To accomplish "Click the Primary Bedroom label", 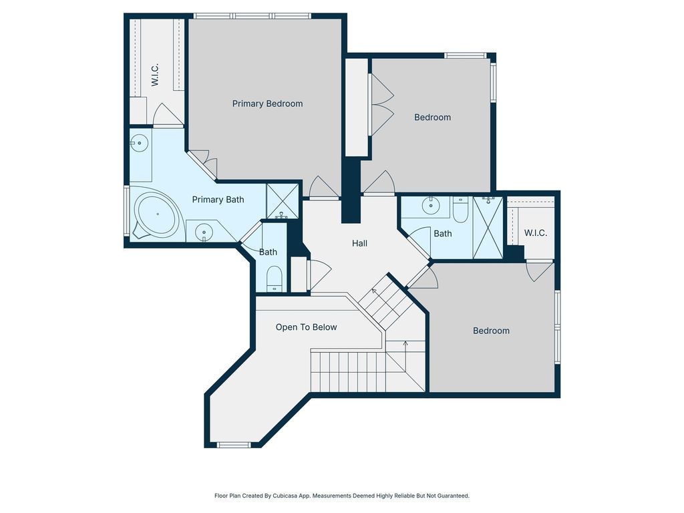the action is pos(267,104).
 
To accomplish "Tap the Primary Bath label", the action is pos(218,200).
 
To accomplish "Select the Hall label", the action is pos(359,243).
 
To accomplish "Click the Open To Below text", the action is pos(306,327).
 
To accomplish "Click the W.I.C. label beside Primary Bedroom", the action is pos(155,75).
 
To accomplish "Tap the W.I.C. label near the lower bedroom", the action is pos(536,233).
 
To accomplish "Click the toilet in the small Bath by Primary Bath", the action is pos(275,279).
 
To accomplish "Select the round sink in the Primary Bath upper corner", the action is pos(140,143).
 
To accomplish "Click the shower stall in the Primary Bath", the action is pos(283,201).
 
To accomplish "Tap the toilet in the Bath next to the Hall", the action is pos(460,209).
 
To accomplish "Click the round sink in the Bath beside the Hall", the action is pos(431,206).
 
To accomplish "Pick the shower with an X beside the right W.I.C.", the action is pos(488,228).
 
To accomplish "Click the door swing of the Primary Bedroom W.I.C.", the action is pos(168,114).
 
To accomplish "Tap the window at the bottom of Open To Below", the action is pos(234,445).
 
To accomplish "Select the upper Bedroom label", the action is pos(432,118).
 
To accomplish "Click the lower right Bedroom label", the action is pos(491,331).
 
